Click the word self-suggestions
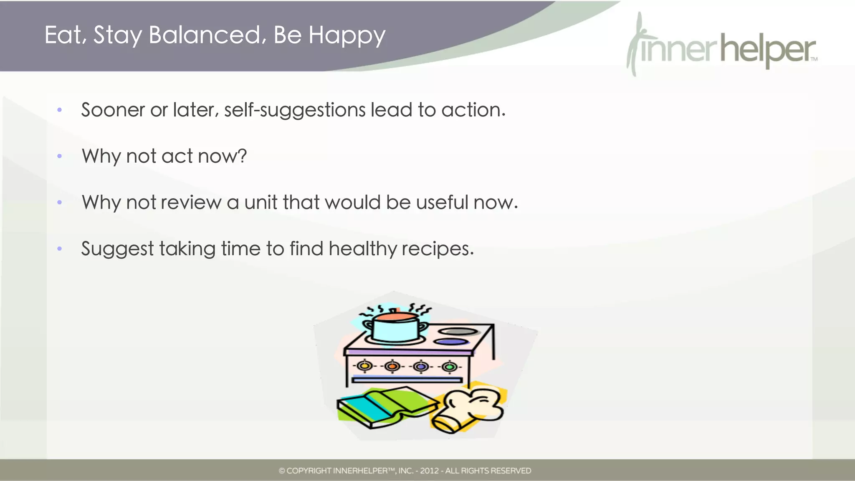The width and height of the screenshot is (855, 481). (295, 111)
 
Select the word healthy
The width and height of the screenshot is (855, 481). (362, 249)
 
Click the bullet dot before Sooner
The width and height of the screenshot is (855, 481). (60, 110)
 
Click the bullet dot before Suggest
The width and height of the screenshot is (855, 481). (60, 249)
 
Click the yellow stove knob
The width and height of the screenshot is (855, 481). (364, 366)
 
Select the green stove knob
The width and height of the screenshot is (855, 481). (449, 367)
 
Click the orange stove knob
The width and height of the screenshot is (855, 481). (392, 366)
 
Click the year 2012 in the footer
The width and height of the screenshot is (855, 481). (429, 471)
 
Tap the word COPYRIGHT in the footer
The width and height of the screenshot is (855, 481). (309, 471)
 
